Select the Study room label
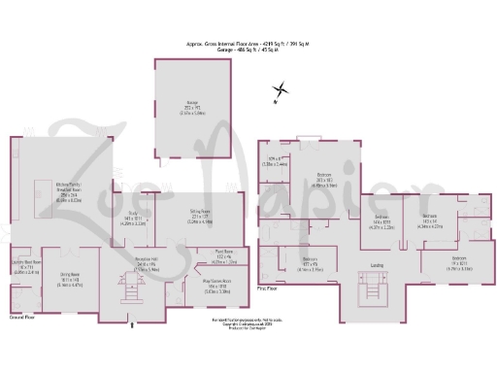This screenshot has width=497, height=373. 136,221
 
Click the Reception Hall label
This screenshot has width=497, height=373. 131,257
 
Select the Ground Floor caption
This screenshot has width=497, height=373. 21,318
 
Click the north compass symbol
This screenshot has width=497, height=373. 278,93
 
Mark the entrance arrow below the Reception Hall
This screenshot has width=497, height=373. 132,325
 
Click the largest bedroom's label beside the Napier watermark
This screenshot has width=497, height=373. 323,179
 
